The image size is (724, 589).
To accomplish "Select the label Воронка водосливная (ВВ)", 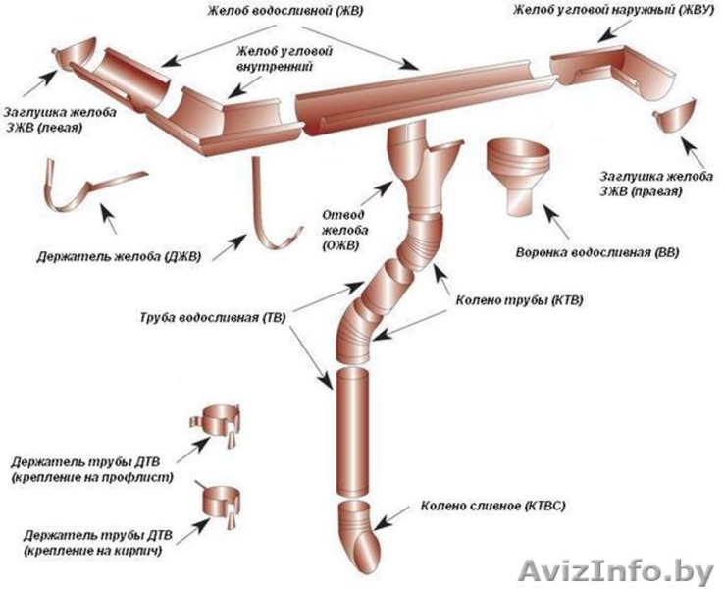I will click(x=595, y=252).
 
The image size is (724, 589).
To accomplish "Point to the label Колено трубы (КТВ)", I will click(x=525, y=299).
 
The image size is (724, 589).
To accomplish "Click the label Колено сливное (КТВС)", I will click(x=493, y=507).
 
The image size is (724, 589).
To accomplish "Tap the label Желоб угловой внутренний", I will click(x=274, y=58).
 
